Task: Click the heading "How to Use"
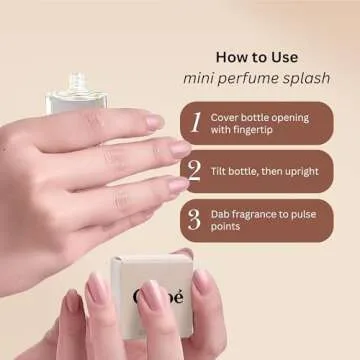point(257,57)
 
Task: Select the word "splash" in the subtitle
point(306,79)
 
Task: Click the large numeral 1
point(197,122)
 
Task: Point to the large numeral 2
point(194,170)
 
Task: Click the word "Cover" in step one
point(224,118)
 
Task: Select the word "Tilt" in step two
point(217,172)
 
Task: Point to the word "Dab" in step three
point(219,214)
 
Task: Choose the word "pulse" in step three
point(304,215)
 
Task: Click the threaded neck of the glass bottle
point(78,82)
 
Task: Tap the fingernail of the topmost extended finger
point(155,122)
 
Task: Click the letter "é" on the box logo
point(178,297)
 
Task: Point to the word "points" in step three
point(225,227)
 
